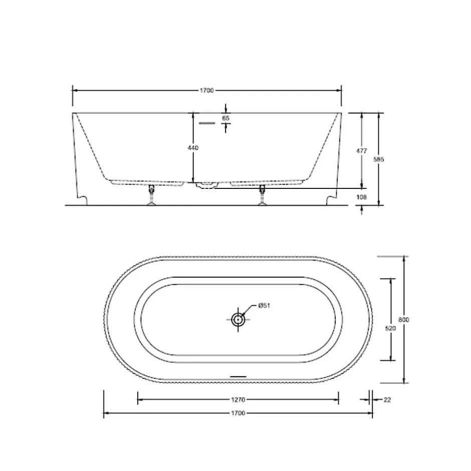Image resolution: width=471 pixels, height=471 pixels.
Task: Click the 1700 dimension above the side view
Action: pyautogui.click(x=206, y=90)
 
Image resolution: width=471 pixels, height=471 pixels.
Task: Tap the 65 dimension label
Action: pyautogui.click(x=225, y=118)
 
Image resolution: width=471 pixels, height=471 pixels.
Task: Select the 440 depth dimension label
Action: pyautogui.click(x=193, y=148)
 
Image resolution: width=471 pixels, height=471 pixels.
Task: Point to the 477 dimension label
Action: pyautogui.click(x=361, y=151)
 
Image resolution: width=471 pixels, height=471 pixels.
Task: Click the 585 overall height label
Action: pyautogui.click(x=378, y=159)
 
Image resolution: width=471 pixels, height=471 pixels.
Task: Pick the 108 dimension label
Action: pyautogui.click(x=361, y=197)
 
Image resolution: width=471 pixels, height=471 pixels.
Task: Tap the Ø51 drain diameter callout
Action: pyautogui.click(x=265, y=306)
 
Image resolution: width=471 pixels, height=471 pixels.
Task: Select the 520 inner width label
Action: pyautogui.click(x=390, y=328)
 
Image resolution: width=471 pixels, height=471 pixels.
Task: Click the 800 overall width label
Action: pyautogui.click(x=404, y=320)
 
